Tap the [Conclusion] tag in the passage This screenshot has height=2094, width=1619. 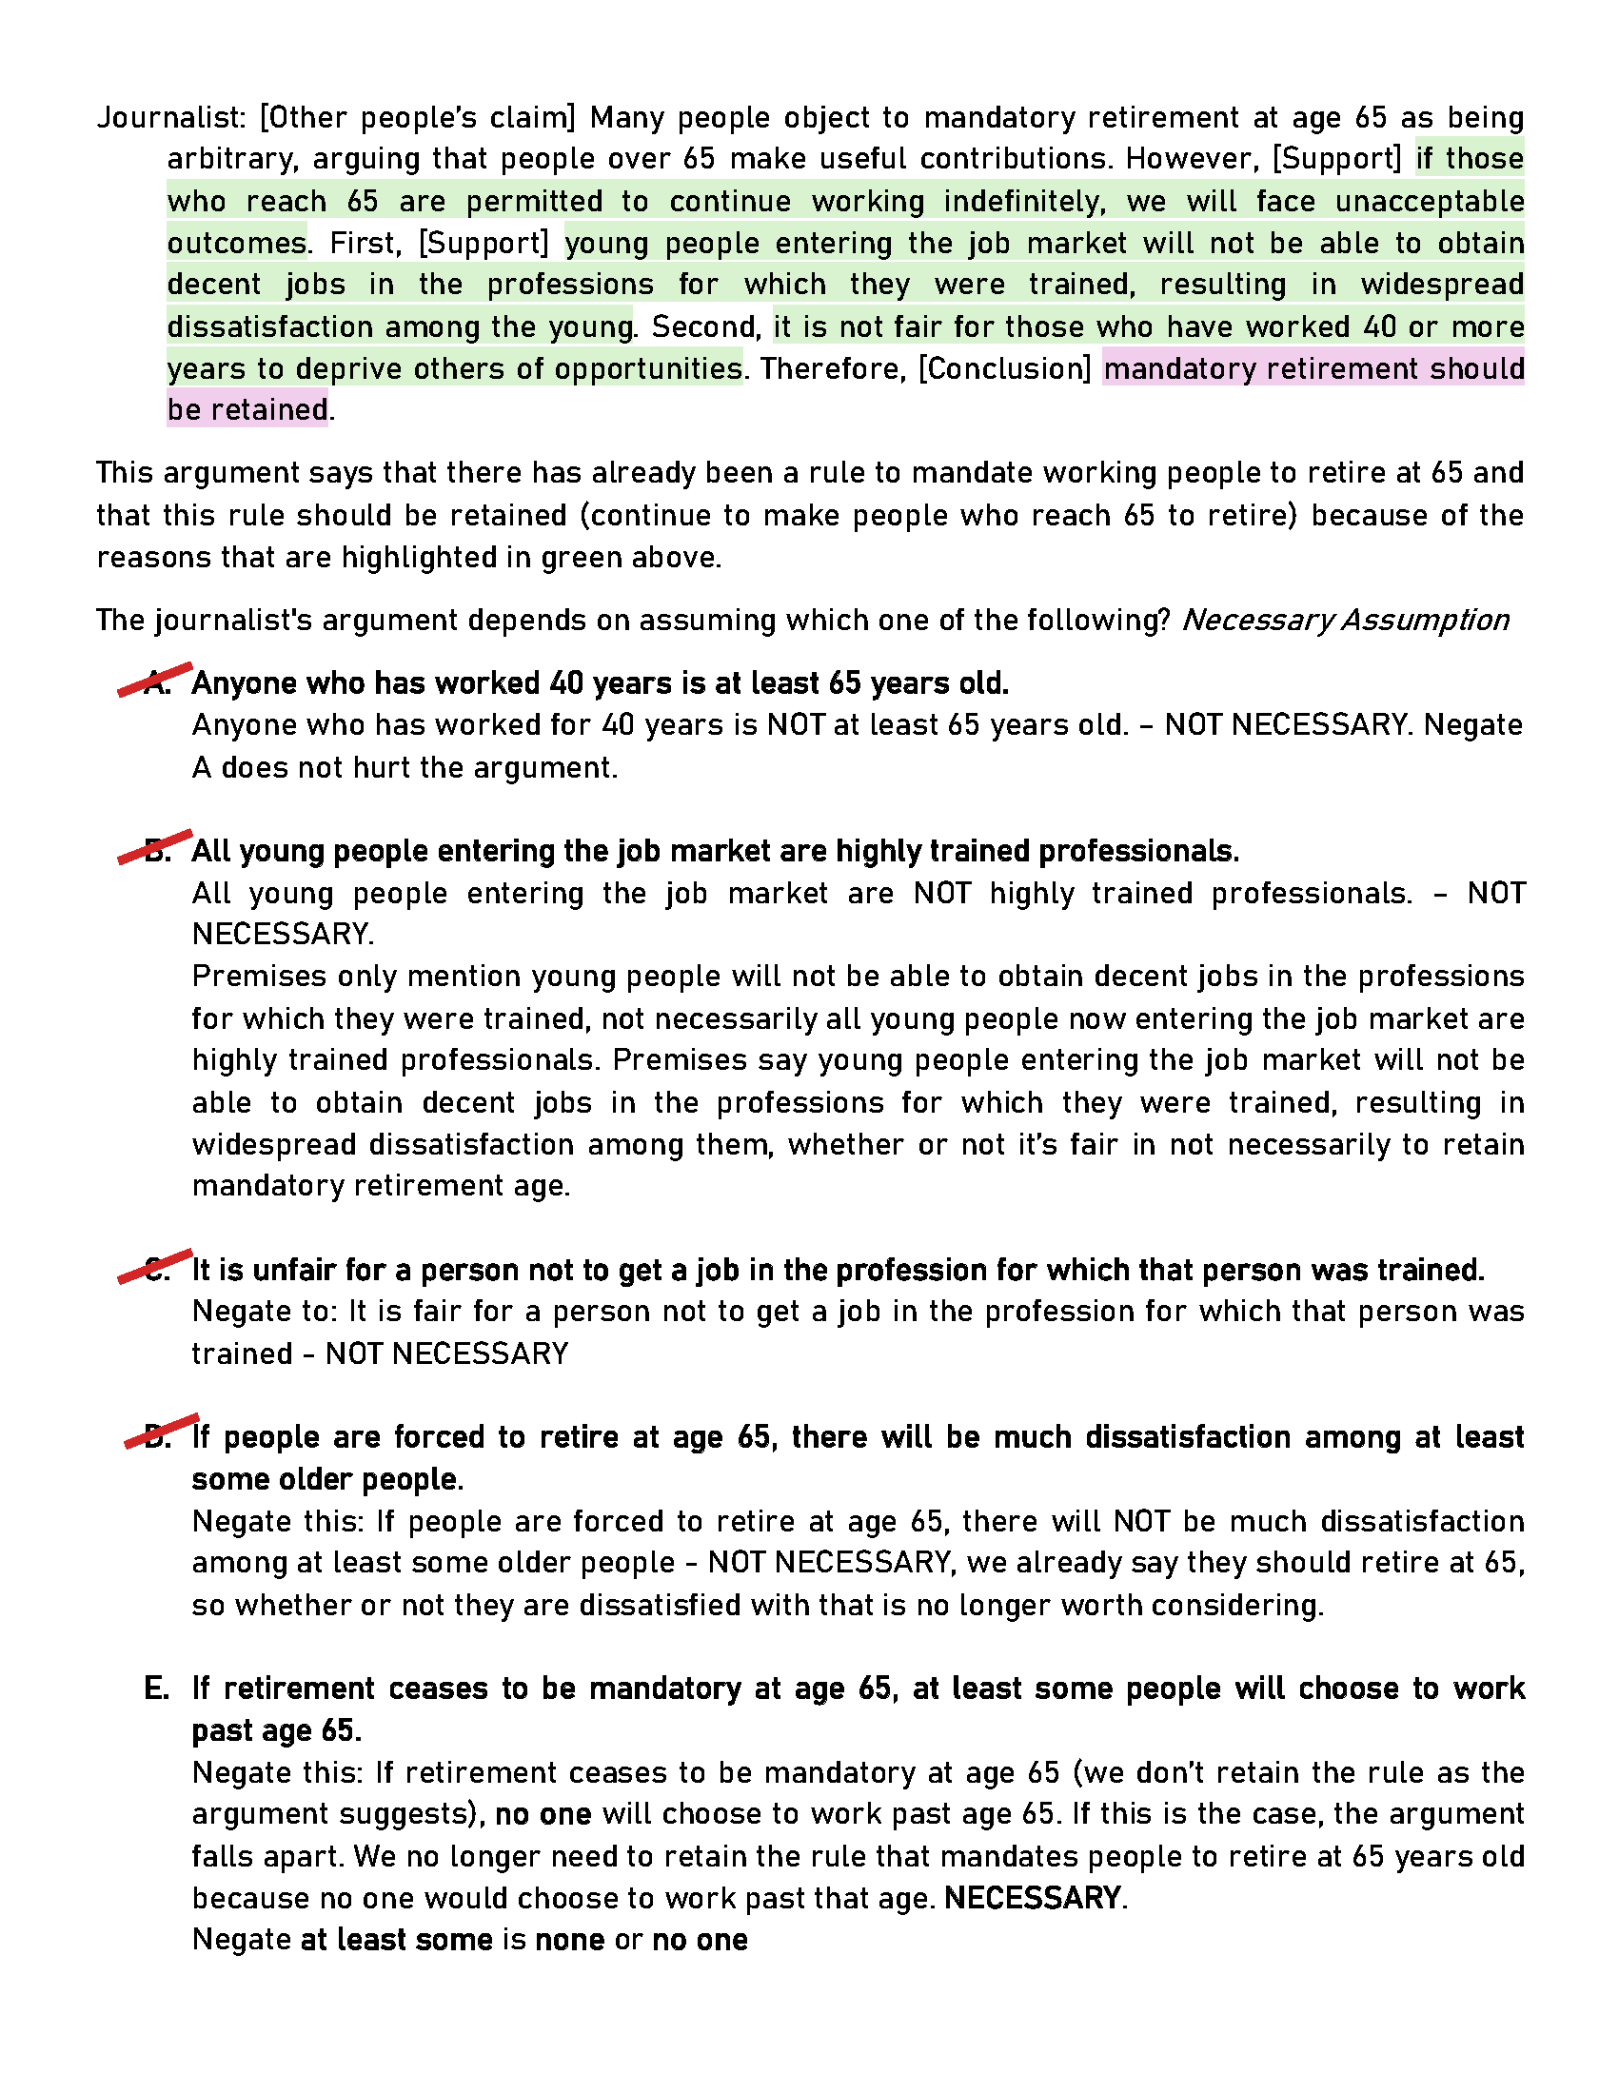[1004, 369]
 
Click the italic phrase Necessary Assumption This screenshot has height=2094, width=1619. [1345, 621]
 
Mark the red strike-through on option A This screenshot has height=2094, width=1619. [155, 679]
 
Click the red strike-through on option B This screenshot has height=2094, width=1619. [155, 846]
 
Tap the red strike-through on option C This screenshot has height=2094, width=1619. [155, 1266]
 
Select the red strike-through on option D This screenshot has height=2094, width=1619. [161, 1432]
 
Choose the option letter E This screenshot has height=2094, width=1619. [156, 1689]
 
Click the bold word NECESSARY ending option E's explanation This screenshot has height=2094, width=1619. [1033, 1899]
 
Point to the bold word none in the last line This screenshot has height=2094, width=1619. [569, 1940]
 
